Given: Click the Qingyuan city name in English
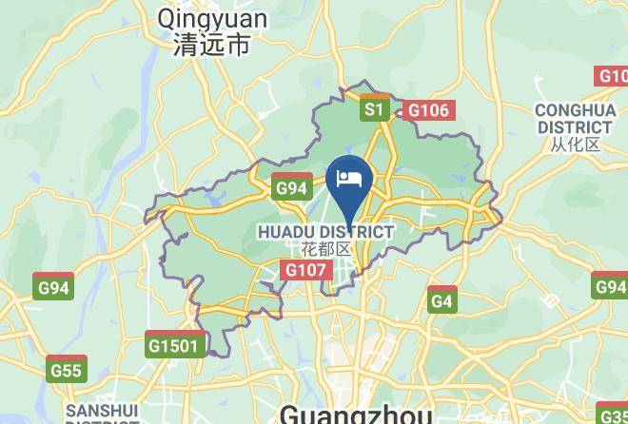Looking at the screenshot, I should point(212,18).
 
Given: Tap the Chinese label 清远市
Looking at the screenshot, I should point(212,45).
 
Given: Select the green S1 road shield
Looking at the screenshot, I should point(374,110).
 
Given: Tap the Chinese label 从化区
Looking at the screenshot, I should point(575,145).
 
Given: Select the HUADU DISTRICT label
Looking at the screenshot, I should point(325,231).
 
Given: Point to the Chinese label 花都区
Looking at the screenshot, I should point(325,249).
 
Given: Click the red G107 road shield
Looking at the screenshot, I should point(305,271).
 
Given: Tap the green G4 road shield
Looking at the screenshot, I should point(442,301).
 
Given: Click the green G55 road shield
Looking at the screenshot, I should point(67,370).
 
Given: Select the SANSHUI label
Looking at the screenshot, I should point(102,411).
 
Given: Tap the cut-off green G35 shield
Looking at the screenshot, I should point(614,414).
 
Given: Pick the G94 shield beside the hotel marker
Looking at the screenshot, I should point(291,188).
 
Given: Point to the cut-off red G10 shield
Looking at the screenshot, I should point(612,76).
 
